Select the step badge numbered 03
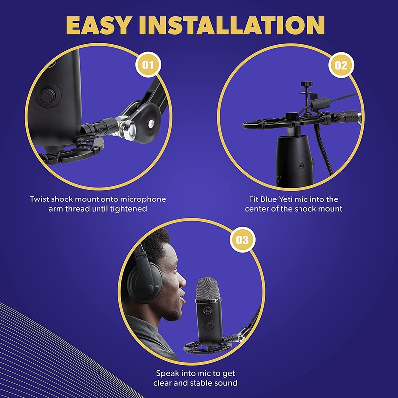tap(242, 240)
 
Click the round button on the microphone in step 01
tap(48, 95)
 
